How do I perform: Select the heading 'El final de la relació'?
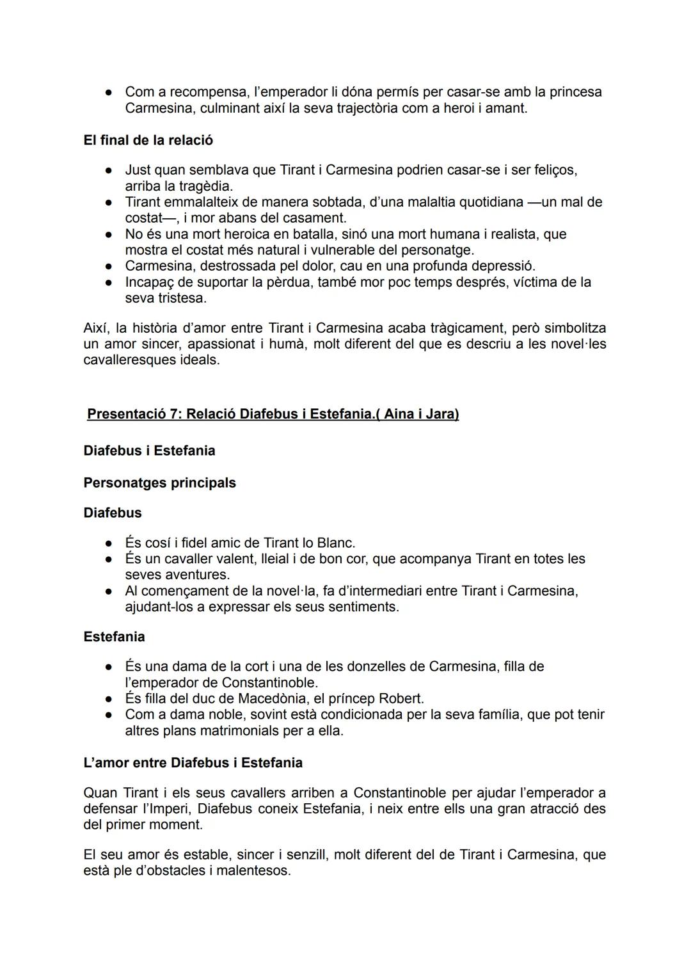click(148, 140)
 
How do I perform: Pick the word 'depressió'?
click(503, 266)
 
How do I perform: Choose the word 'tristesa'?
click(182, 298)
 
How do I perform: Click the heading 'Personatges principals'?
click(159, 483)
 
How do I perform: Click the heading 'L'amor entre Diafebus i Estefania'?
click(193, 763)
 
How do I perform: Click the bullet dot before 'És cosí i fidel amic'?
click(109, 543)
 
